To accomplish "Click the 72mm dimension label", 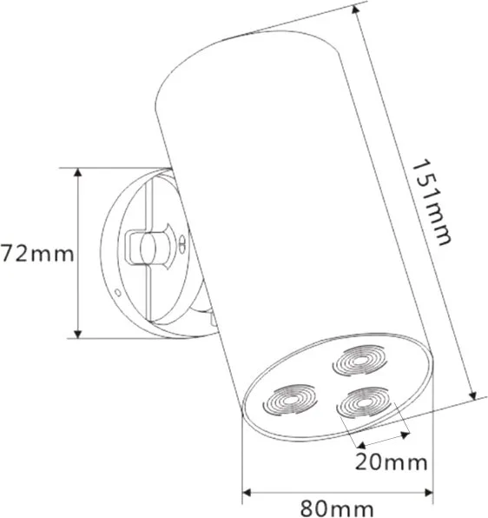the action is click(37, 254).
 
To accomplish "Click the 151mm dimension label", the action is click(431, 203).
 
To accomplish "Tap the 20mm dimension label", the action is click(391, 462).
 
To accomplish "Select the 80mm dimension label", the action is click(337, 508).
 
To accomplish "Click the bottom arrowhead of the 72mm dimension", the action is click(77, 334).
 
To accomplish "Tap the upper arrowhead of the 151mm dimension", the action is click(356, 10).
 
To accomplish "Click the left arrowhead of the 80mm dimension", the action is click(247, 493).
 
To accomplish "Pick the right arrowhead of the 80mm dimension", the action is click(428, 493).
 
